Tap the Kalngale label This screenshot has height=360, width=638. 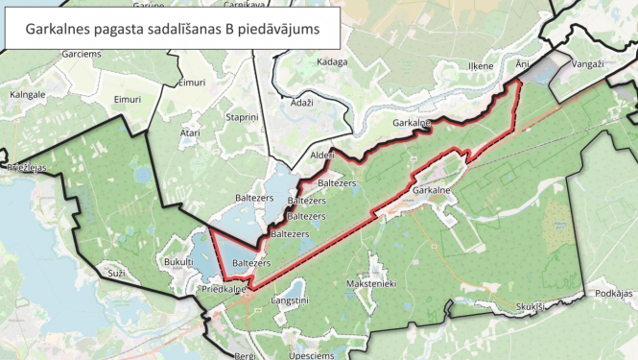28,95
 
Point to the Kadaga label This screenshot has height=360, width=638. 331,61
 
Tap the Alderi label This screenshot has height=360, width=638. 322,155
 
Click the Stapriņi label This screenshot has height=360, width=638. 242,116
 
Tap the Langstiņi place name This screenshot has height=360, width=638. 291,300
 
